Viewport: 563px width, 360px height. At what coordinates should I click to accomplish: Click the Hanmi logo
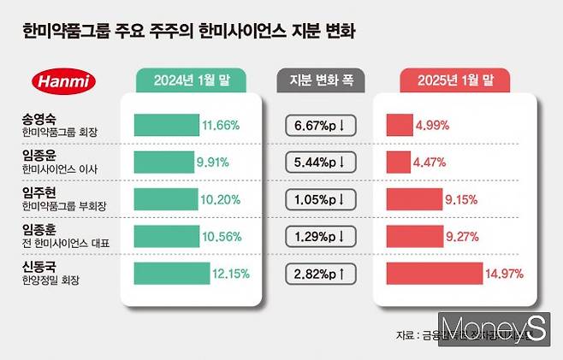point(64,82)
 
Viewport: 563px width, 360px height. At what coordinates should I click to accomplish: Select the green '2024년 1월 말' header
point(192,81)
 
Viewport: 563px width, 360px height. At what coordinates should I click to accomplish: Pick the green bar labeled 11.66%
point(166,125)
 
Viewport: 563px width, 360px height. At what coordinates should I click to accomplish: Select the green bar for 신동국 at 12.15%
point(171,274)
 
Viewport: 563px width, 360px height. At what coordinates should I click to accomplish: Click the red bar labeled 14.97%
point(434,274)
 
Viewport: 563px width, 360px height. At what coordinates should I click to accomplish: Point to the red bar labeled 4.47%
point(398,162)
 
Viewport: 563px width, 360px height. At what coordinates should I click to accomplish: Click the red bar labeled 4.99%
point(400,125)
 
